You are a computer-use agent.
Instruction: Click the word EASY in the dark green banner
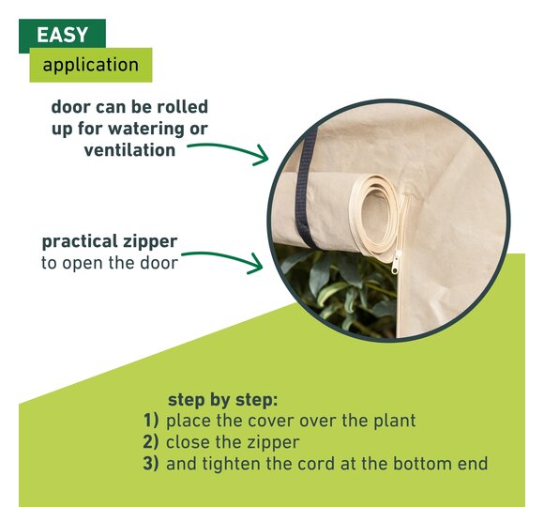tap(62, 35)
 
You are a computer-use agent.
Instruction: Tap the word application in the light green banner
tap(91, 65)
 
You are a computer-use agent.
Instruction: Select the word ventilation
tap(129, 150)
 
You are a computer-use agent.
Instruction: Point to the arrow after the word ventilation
tap(229, 148)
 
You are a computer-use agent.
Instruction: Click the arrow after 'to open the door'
tap(224, 259)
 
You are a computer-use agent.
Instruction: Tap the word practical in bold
tap(80, 241)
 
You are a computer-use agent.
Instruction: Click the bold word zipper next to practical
tap(149, 241)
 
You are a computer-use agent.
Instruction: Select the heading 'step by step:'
tap(222, 400)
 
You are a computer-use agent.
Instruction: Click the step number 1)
tap(151, 421)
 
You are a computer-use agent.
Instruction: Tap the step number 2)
tap(151, 441)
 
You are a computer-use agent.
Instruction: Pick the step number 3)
tap(151, 464)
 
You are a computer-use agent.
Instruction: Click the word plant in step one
tap(395, 421)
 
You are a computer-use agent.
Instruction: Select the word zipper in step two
tap(273, 443)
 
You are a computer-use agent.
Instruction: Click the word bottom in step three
tap(423, 464)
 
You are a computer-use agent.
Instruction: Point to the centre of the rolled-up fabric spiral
tap(375, 211)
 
